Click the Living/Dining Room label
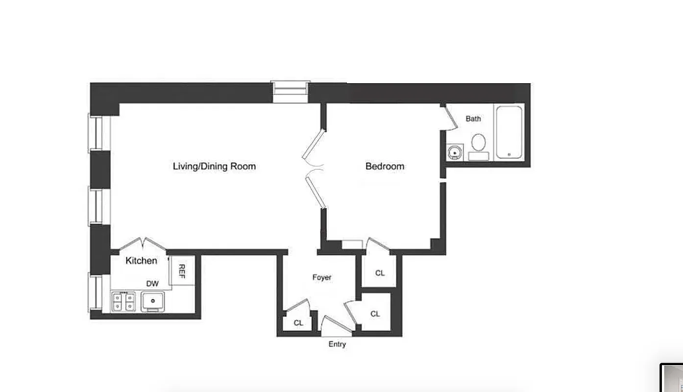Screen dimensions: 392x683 (x=214, y=166)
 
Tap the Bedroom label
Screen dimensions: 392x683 (x=385, y=166)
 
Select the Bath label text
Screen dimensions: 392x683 (x=473, y=119)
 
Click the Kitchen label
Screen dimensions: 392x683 (x=141, y=261)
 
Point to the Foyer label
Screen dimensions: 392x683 (x=322, y=277)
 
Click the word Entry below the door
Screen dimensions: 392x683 (x=337, y=344)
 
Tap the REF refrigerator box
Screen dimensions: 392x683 (x=181, y=271)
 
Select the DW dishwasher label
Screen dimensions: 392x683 (x=152, y=284)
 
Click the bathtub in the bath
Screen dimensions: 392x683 (x=509, y=131)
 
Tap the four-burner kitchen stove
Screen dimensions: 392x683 (x=123, y=301)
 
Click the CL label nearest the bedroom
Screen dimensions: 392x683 (x=380, y=273)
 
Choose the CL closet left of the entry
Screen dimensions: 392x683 (x=298, y=323)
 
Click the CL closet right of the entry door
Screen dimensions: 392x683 (x=375, y=314)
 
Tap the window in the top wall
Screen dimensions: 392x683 (x=290, y=92)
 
